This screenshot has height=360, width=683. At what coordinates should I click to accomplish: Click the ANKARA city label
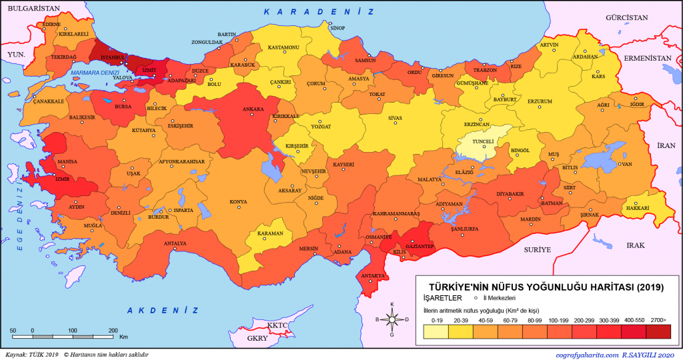pyautogui.click(x=253, y=109)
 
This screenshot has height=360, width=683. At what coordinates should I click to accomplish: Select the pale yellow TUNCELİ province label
pyautogui.click(x=482, y=141)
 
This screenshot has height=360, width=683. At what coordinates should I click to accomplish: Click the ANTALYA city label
pyautogui.click(x=175, y=243)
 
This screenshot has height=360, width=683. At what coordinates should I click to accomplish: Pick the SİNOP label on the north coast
pyautogui.click(x=338, y=28)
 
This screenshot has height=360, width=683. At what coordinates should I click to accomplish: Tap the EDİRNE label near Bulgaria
pyautogui.click(x=51, y=25)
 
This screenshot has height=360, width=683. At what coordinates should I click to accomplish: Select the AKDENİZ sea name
pyautogui.click(x=163, y=311)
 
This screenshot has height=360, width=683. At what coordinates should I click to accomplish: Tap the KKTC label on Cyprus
pyautogui.click(x=276, y=325)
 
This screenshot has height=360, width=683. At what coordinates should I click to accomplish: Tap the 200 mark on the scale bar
pyautogui.click(x=113, y=331)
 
